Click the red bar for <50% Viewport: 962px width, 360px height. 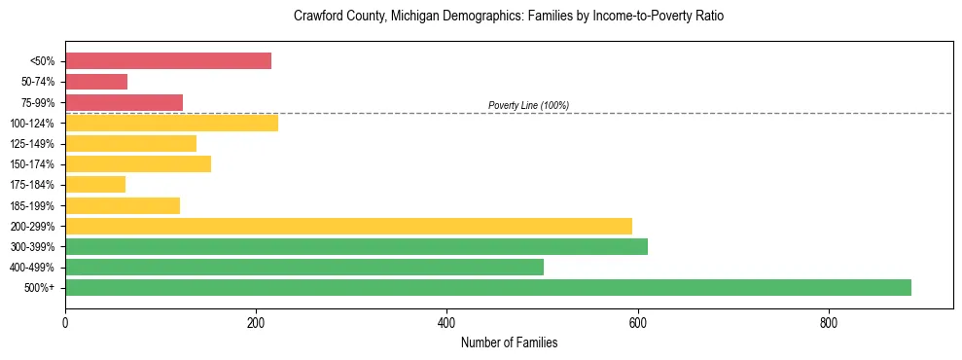point(167,61)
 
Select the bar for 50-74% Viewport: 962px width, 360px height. point(96,82)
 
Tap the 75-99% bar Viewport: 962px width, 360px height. point(124,102)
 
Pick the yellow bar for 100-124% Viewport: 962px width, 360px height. point(171,123)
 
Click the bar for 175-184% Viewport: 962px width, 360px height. point(95,184)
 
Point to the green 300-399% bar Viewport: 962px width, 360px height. point(356,246)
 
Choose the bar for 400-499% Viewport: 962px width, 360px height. point(304,267)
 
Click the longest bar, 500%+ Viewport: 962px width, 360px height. point(488,287)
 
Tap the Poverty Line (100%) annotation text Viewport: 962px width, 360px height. point(528,105)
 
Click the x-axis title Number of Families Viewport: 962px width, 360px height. point(509,342)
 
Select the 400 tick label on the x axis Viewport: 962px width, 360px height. point(446,322)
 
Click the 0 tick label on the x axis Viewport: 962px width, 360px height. point(65,322)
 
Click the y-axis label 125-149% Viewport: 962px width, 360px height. point(32,144)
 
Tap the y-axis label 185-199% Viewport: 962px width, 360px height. point(32,205)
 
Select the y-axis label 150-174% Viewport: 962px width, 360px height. point(32,164)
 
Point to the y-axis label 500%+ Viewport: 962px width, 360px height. point(40,288)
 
